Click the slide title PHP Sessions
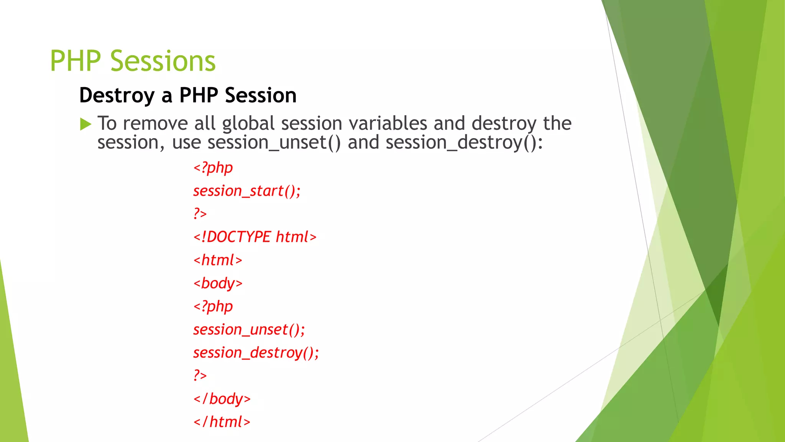tap(133, 61)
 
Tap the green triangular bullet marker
tap(85, 124)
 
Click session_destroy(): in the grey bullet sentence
tap(464, 143)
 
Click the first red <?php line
tap(213, 168)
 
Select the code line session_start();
tap(247, 191)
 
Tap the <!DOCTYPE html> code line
tap(255, 237)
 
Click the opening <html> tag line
tap(218, 260)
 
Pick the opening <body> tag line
tap(218, 284)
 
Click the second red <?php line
tap(213, 307)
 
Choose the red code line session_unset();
tap(249, 330)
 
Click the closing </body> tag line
tap(222, 399)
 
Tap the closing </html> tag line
tap(222, 422)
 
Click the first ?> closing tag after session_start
tap(200, 214)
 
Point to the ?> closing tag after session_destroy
tap(200, 375)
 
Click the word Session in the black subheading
tap(261, 95)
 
